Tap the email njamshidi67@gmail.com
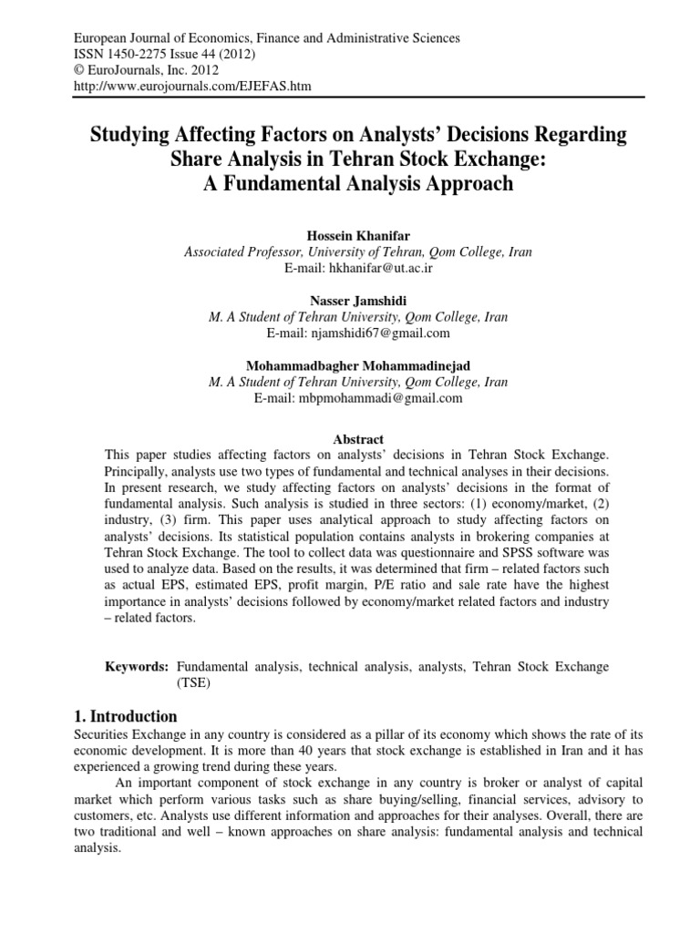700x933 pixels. pos(393,333)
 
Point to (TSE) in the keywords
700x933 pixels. pos(193,682)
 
